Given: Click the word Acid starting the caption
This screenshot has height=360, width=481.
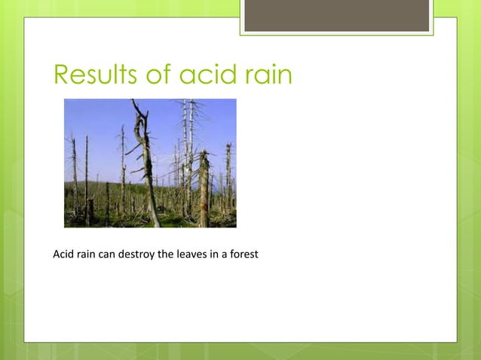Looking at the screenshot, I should pyautogui.click(x=63, y=255).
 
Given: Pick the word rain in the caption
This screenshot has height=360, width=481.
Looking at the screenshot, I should pyautogui.click(x=87, y=255).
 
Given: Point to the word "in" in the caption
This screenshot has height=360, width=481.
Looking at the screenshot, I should pyautogui.click(x=212, y=255).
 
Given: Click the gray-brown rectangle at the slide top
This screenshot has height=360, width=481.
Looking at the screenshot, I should pyautogui.click(x=336, y=16).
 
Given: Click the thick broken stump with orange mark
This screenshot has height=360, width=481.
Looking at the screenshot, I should pyautogui.click(x=204, y=188).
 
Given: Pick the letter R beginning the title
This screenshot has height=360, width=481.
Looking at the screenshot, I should pyautogui.click(x=61, y=75).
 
